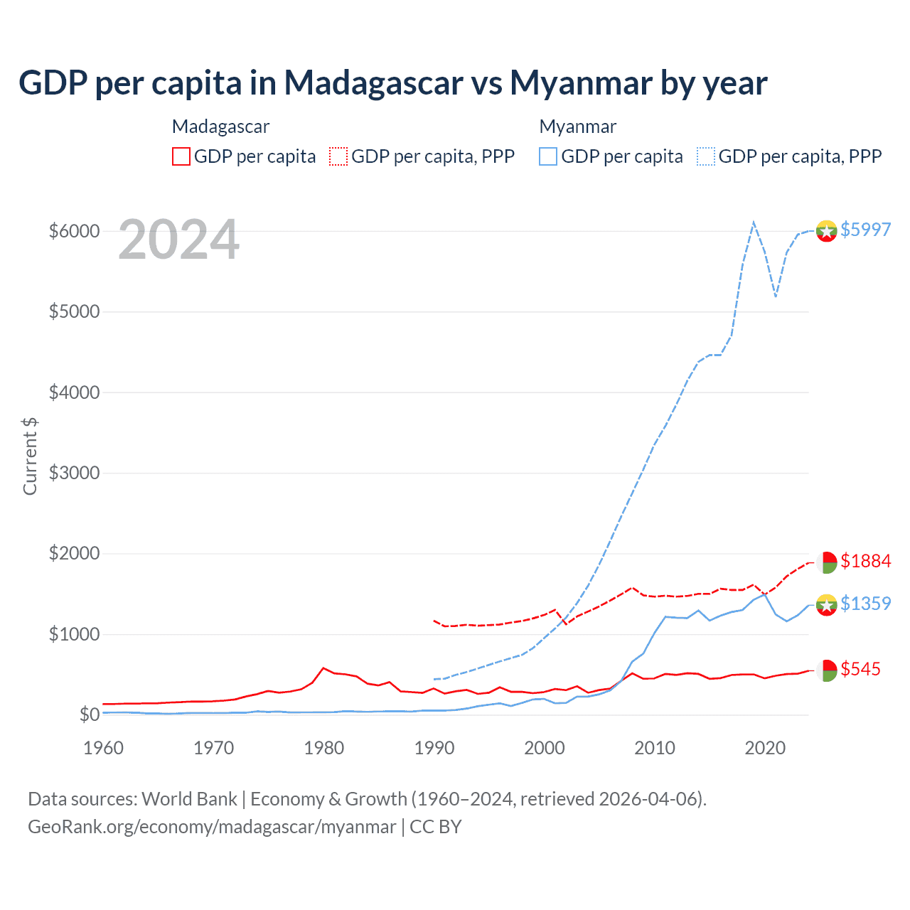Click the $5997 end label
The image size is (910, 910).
pos(865,230)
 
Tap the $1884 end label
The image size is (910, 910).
pos(865,561)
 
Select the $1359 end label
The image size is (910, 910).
pos(865,604)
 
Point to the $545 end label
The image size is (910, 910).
pos(860,669)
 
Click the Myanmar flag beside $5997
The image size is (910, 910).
pos(826,231)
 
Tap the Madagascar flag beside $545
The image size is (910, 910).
pos(826,670)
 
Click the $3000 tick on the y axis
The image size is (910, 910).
pos(74,473)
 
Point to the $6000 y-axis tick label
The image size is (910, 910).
pos(74,231)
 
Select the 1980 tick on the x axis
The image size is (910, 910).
pos(324,748)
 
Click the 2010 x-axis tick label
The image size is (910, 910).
pos(655,748)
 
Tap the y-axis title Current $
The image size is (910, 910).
pos(30,456)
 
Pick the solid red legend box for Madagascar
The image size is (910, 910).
pos(181,156)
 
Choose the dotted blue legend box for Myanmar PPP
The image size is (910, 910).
pos(706,156)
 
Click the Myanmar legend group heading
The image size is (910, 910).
pos(577,127)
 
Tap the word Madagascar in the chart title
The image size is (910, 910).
pos(374,82)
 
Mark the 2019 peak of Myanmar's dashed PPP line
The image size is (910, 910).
pos(754,222)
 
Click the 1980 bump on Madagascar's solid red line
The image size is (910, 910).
pos(323,668)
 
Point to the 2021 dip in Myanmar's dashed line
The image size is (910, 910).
pos(776,296)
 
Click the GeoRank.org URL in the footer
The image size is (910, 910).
pos(212,827)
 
